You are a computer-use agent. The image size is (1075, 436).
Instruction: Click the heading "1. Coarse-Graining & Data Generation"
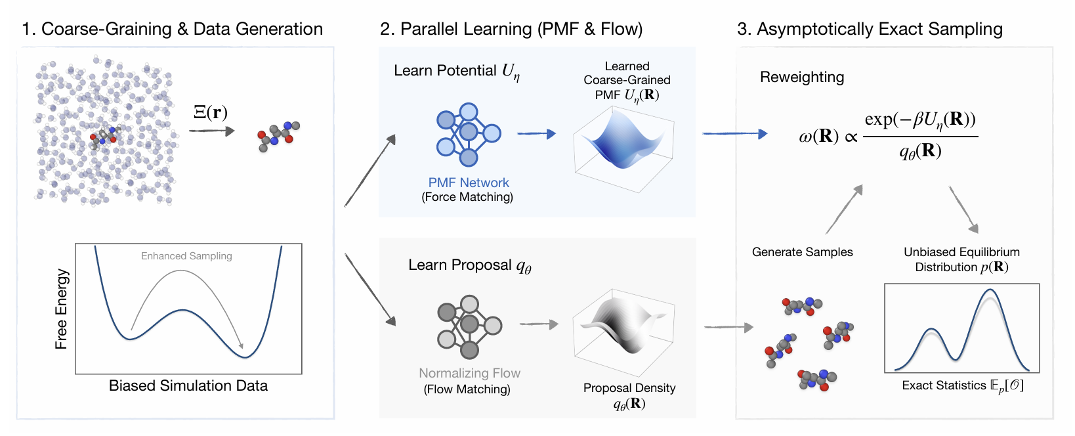173,29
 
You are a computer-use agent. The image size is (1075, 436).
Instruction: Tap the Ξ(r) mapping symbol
210,112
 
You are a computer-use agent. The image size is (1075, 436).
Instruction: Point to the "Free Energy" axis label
62,309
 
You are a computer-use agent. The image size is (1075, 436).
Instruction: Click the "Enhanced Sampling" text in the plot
186,256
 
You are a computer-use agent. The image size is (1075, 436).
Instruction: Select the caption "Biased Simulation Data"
188,385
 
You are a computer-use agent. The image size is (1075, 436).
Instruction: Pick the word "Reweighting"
802,77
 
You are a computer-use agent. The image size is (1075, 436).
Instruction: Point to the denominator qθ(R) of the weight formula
921,151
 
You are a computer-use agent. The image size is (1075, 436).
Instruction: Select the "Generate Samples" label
803,252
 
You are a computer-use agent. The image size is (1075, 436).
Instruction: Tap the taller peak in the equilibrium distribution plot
990,290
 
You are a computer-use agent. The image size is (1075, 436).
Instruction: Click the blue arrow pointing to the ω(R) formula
735,134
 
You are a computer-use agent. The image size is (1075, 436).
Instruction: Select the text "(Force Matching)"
467,197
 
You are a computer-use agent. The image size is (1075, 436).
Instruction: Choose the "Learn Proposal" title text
460,265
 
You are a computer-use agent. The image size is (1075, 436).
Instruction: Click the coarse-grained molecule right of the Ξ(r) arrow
278,137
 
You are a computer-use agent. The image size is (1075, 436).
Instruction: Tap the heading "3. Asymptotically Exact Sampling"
870,29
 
